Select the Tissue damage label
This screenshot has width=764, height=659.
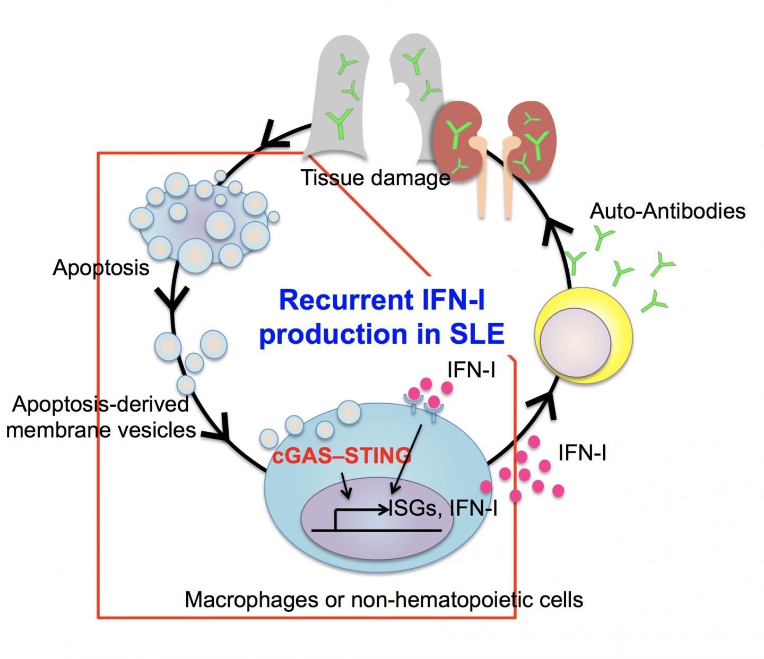coord(376,178)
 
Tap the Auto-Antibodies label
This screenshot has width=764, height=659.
coord(667,211)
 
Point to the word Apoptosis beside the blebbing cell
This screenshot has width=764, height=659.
coord(101,268)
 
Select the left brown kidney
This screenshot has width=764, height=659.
coord(456,138)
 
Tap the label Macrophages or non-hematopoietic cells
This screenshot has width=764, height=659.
coord(384,600)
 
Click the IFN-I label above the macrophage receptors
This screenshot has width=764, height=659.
coord(471,370)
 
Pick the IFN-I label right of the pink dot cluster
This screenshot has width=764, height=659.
coord(582,453)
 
